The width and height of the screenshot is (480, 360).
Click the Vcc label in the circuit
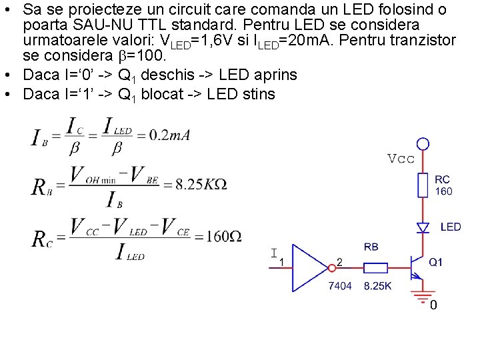pos(401,159)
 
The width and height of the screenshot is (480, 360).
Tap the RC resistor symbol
pos(423,185)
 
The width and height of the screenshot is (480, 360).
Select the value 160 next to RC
pos(443,191)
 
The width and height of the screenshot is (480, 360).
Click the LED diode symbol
pos(423,227)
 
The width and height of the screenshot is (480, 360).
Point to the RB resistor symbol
pos(376,268)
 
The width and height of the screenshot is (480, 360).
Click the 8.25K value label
pos(378,286)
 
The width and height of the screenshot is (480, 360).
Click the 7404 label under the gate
pos(340,286)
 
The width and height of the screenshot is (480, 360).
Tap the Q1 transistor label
pos(435,263)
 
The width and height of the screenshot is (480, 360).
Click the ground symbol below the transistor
pos(422,295)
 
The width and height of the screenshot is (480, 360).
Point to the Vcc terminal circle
pos(423,143)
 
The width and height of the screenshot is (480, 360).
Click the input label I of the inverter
pos(274,253)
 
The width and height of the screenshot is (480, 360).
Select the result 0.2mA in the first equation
pos(169,135)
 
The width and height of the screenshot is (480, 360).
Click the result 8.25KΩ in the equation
pos(201,184)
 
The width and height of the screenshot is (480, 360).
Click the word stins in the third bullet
pos(259,94)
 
